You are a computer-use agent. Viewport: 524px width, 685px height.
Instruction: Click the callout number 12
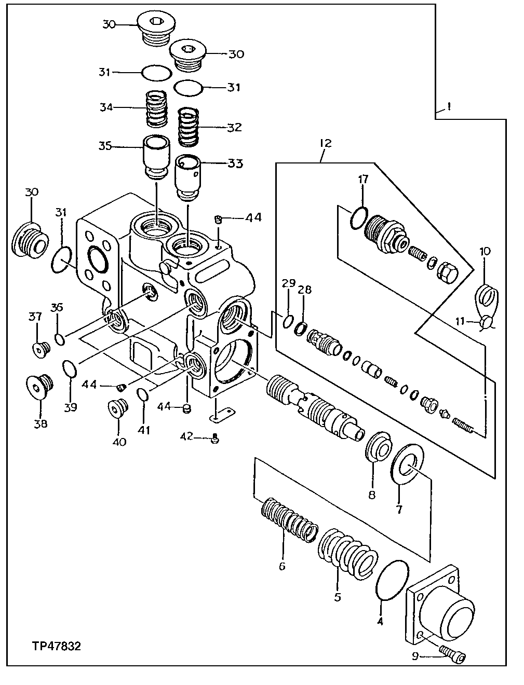[326, 143]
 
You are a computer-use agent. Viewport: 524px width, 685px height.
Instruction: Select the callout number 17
[362, 180]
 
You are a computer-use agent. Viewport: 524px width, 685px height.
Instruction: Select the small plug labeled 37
[39, 350]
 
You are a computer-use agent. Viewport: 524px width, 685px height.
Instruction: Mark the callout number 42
[187, 438]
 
